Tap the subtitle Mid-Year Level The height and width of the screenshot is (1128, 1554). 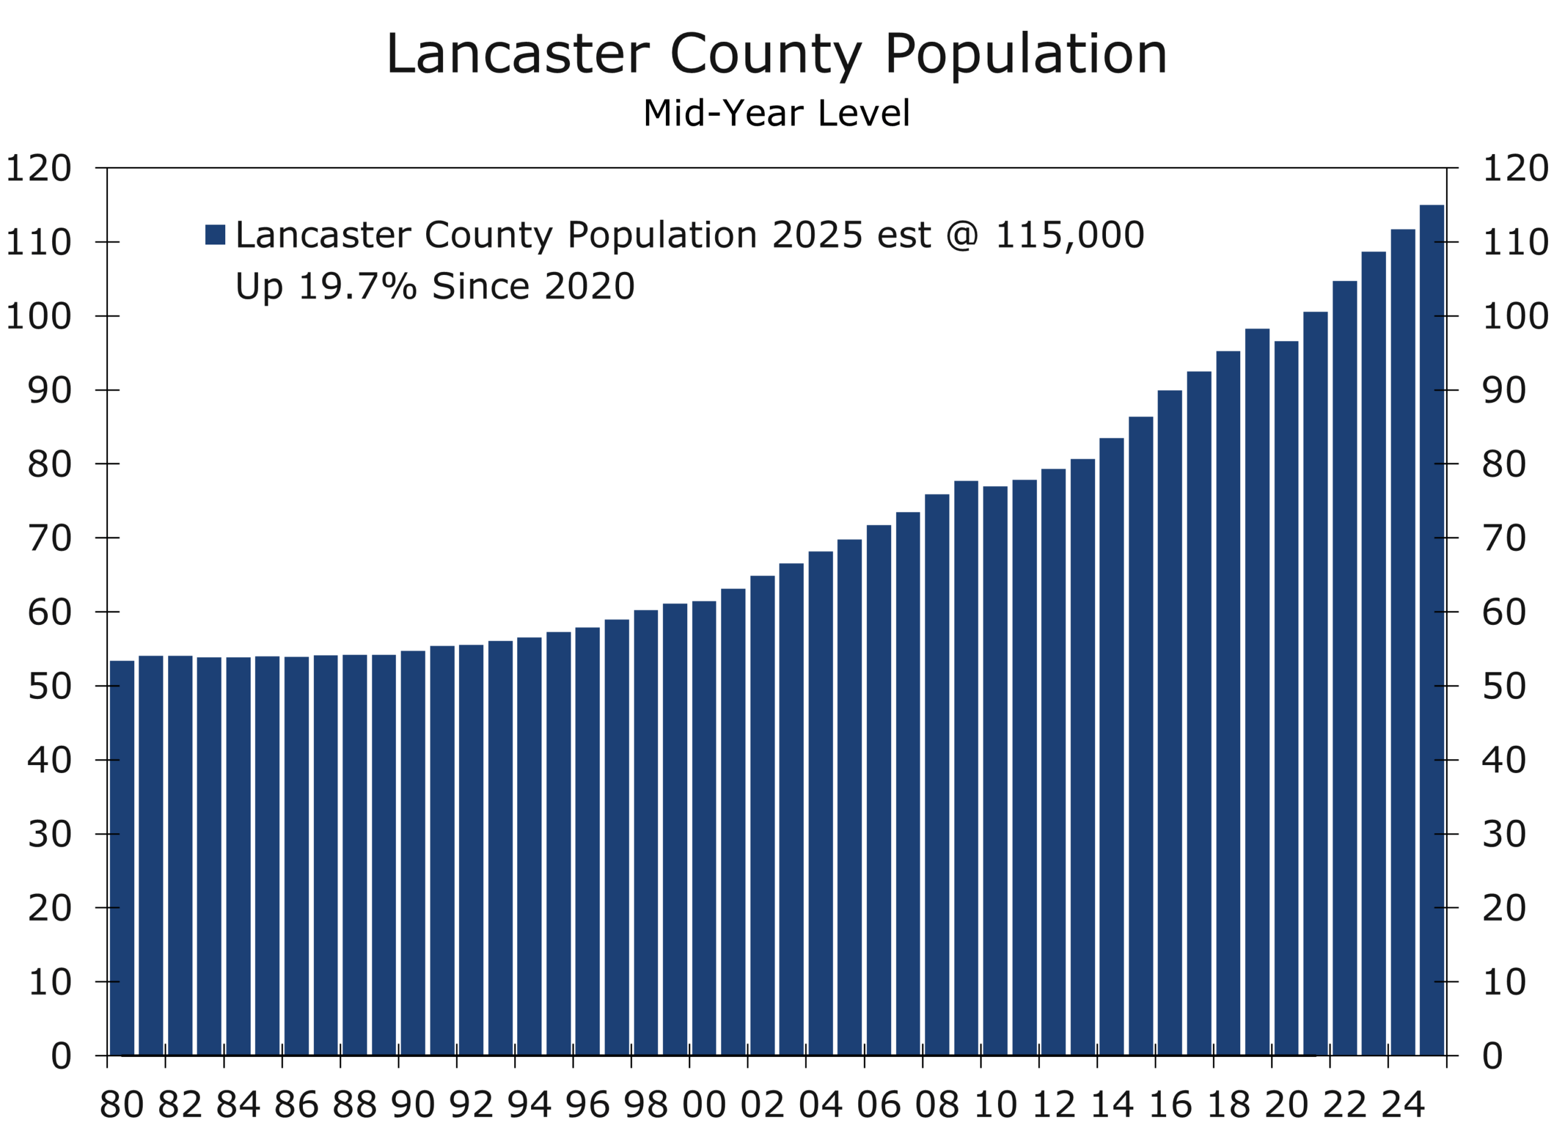coord(776,113)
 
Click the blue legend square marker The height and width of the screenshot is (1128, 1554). coord(215,235)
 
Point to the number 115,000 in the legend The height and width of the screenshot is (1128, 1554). coord(1069,235)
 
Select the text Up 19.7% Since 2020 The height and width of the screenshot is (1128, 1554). coord(435,286)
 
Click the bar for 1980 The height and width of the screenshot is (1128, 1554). coord(122,856)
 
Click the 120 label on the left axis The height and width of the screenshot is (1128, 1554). coord(39,169)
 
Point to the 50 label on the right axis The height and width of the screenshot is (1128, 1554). coord(1504,686)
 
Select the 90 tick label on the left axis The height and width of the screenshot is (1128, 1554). coord(49,390)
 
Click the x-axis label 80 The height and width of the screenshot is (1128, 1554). coord(122,1104)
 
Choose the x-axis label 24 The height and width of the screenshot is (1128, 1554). coord(1403,1104)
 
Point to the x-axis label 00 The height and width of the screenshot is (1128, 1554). coord(704,1104)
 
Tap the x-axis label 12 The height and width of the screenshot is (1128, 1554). coord(1053,1104)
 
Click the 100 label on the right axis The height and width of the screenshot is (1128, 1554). coord(1515,316)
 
